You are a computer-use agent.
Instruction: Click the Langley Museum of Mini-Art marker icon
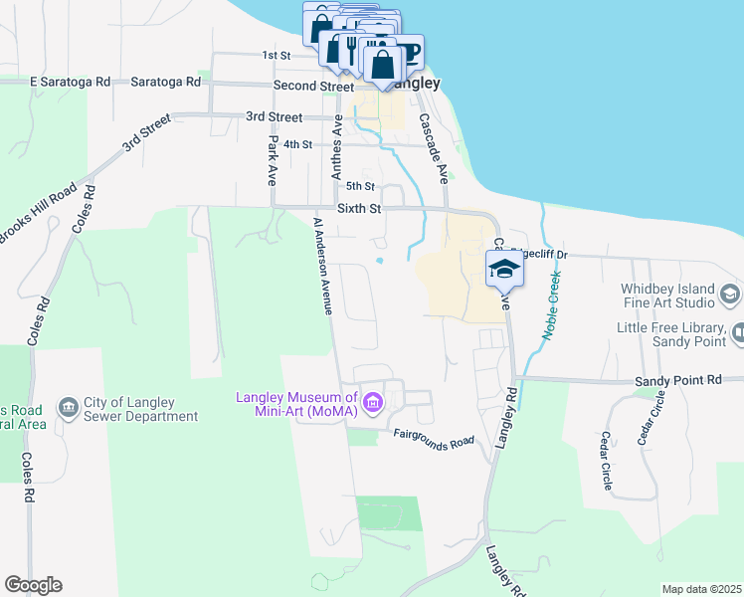[373, 403]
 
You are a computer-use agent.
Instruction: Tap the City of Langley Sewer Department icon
[69, 406]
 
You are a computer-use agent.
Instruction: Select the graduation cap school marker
[503, 269]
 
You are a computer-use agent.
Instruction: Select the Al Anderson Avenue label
[321, 266]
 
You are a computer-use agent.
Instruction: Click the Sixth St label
[359, 209]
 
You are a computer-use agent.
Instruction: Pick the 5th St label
[359, 186]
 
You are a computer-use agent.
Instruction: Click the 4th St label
[297, 144]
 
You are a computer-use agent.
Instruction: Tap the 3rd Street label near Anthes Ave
[274, 116]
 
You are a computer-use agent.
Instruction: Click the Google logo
[33, 585]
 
